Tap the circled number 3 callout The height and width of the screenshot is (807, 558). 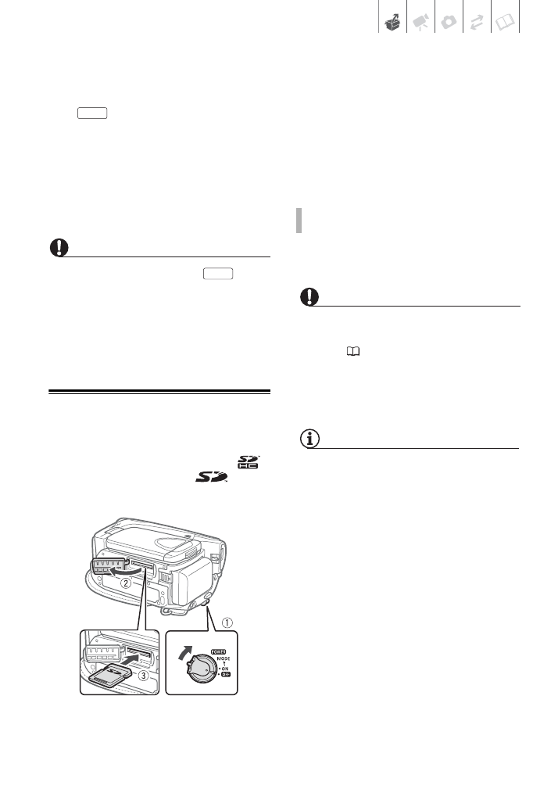(142, 680)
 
